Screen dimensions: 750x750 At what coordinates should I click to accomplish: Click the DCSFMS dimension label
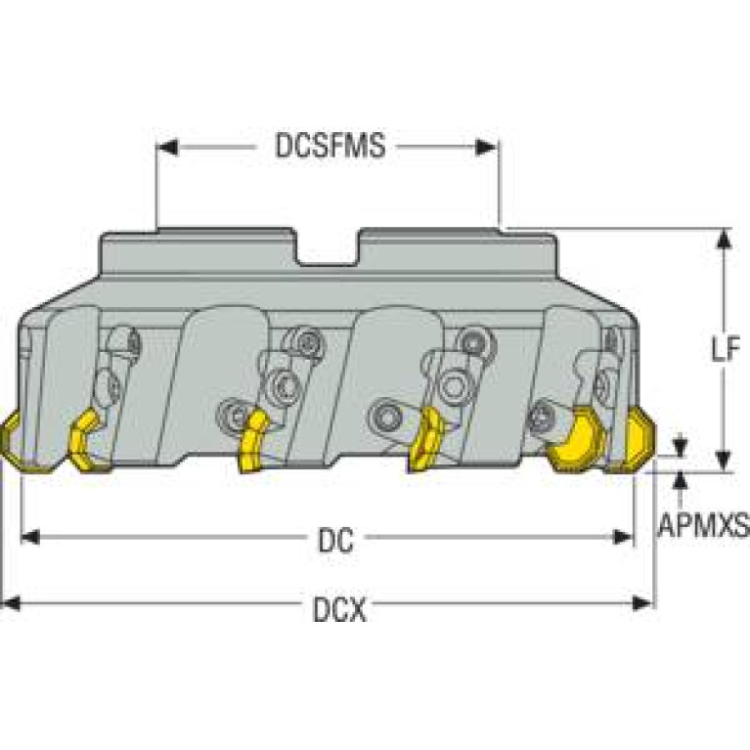(x=331, y=146)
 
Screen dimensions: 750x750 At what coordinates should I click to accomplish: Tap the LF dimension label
(x=726, y=348)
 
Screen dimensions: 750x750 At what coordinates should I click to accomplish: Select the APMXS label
(x=704, y=524)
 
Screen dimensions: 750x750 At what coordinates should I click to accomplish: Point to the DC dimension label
(x=335, y=540)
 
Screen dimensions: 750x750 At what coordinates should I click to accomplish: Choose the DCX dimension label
(x=339, y=609)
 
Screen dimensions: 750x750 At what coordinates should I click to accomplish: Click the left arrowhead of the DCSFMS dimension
(x=167, y=148)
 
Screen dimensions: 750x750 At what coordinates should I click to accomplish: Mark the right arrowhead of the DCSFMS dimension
(x=487, y=148)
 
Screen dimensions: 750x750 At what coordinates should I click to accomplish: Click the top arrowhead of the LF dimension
(x=725, y=240)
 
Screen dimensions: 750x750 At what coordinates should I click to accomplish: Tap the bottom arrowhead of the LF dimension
(x=725, y=461)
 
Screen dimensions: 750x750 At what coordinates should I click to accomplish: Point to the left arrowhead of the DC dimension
(x=31, y=537)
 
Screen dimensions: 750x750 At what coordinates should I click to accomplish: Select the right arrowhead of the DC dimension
(x=623, y=537)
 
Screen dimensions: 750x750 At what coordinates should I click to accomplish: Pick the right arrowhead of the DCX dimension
(x=641, y=603)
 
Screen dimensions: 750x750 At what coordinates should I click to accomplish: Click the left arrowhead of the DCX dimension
(x=11, y=603)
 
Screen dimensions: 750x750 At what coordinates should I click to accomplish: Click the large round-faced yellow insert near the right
(x=576, y=439)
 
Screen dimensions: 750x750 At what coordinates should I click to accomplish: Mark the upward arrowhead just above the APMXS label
(x=680, y=481)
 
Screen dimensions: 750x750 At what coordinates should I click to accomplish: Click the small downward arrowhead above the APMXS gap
(x=680, y=446)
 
